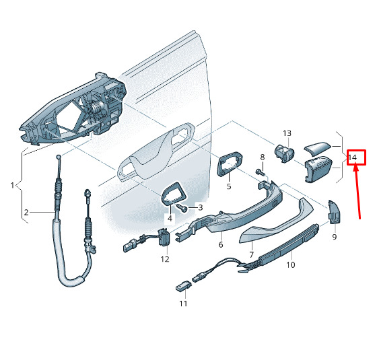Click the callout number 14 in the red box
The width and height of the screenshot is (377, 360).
point(353,157)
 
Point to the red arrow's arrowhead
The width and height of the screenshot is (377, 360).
point(356,168)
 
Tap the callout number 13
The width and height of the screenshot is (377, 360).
point(287,133)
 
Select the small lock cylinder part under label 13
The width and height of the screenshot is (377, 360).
point(284,153)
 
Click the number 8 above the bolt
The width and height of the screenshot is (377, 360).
point(263,157)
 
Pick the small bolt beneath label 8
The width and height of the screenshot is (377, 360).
point(260,172)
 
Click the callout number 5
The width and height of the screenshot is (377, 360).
point(229,186)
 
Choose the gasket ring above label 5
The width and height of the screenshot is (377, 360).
point(230,164)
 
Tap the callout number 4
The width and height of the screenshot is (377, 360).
point(170,219)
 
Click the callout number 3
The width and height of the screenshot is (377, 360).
point(200,207)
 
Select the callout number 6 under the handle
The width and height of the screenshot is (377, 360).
point(221,245)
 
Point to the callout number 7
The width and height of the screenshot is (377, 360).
point(252,254)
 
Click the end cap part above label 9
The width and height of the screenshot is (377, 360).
point(334,212)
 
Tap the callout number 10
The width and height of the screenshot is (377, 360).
point(290,264)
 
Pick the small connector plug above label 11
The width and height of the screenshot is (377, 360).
point(184,287)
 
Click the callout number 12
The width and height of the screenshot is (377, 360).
point(165,259)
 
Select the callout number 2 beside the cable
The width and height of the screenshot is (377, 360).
point(26,213)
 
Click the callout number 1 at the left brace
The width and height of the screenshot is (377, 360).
point(13,185)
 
